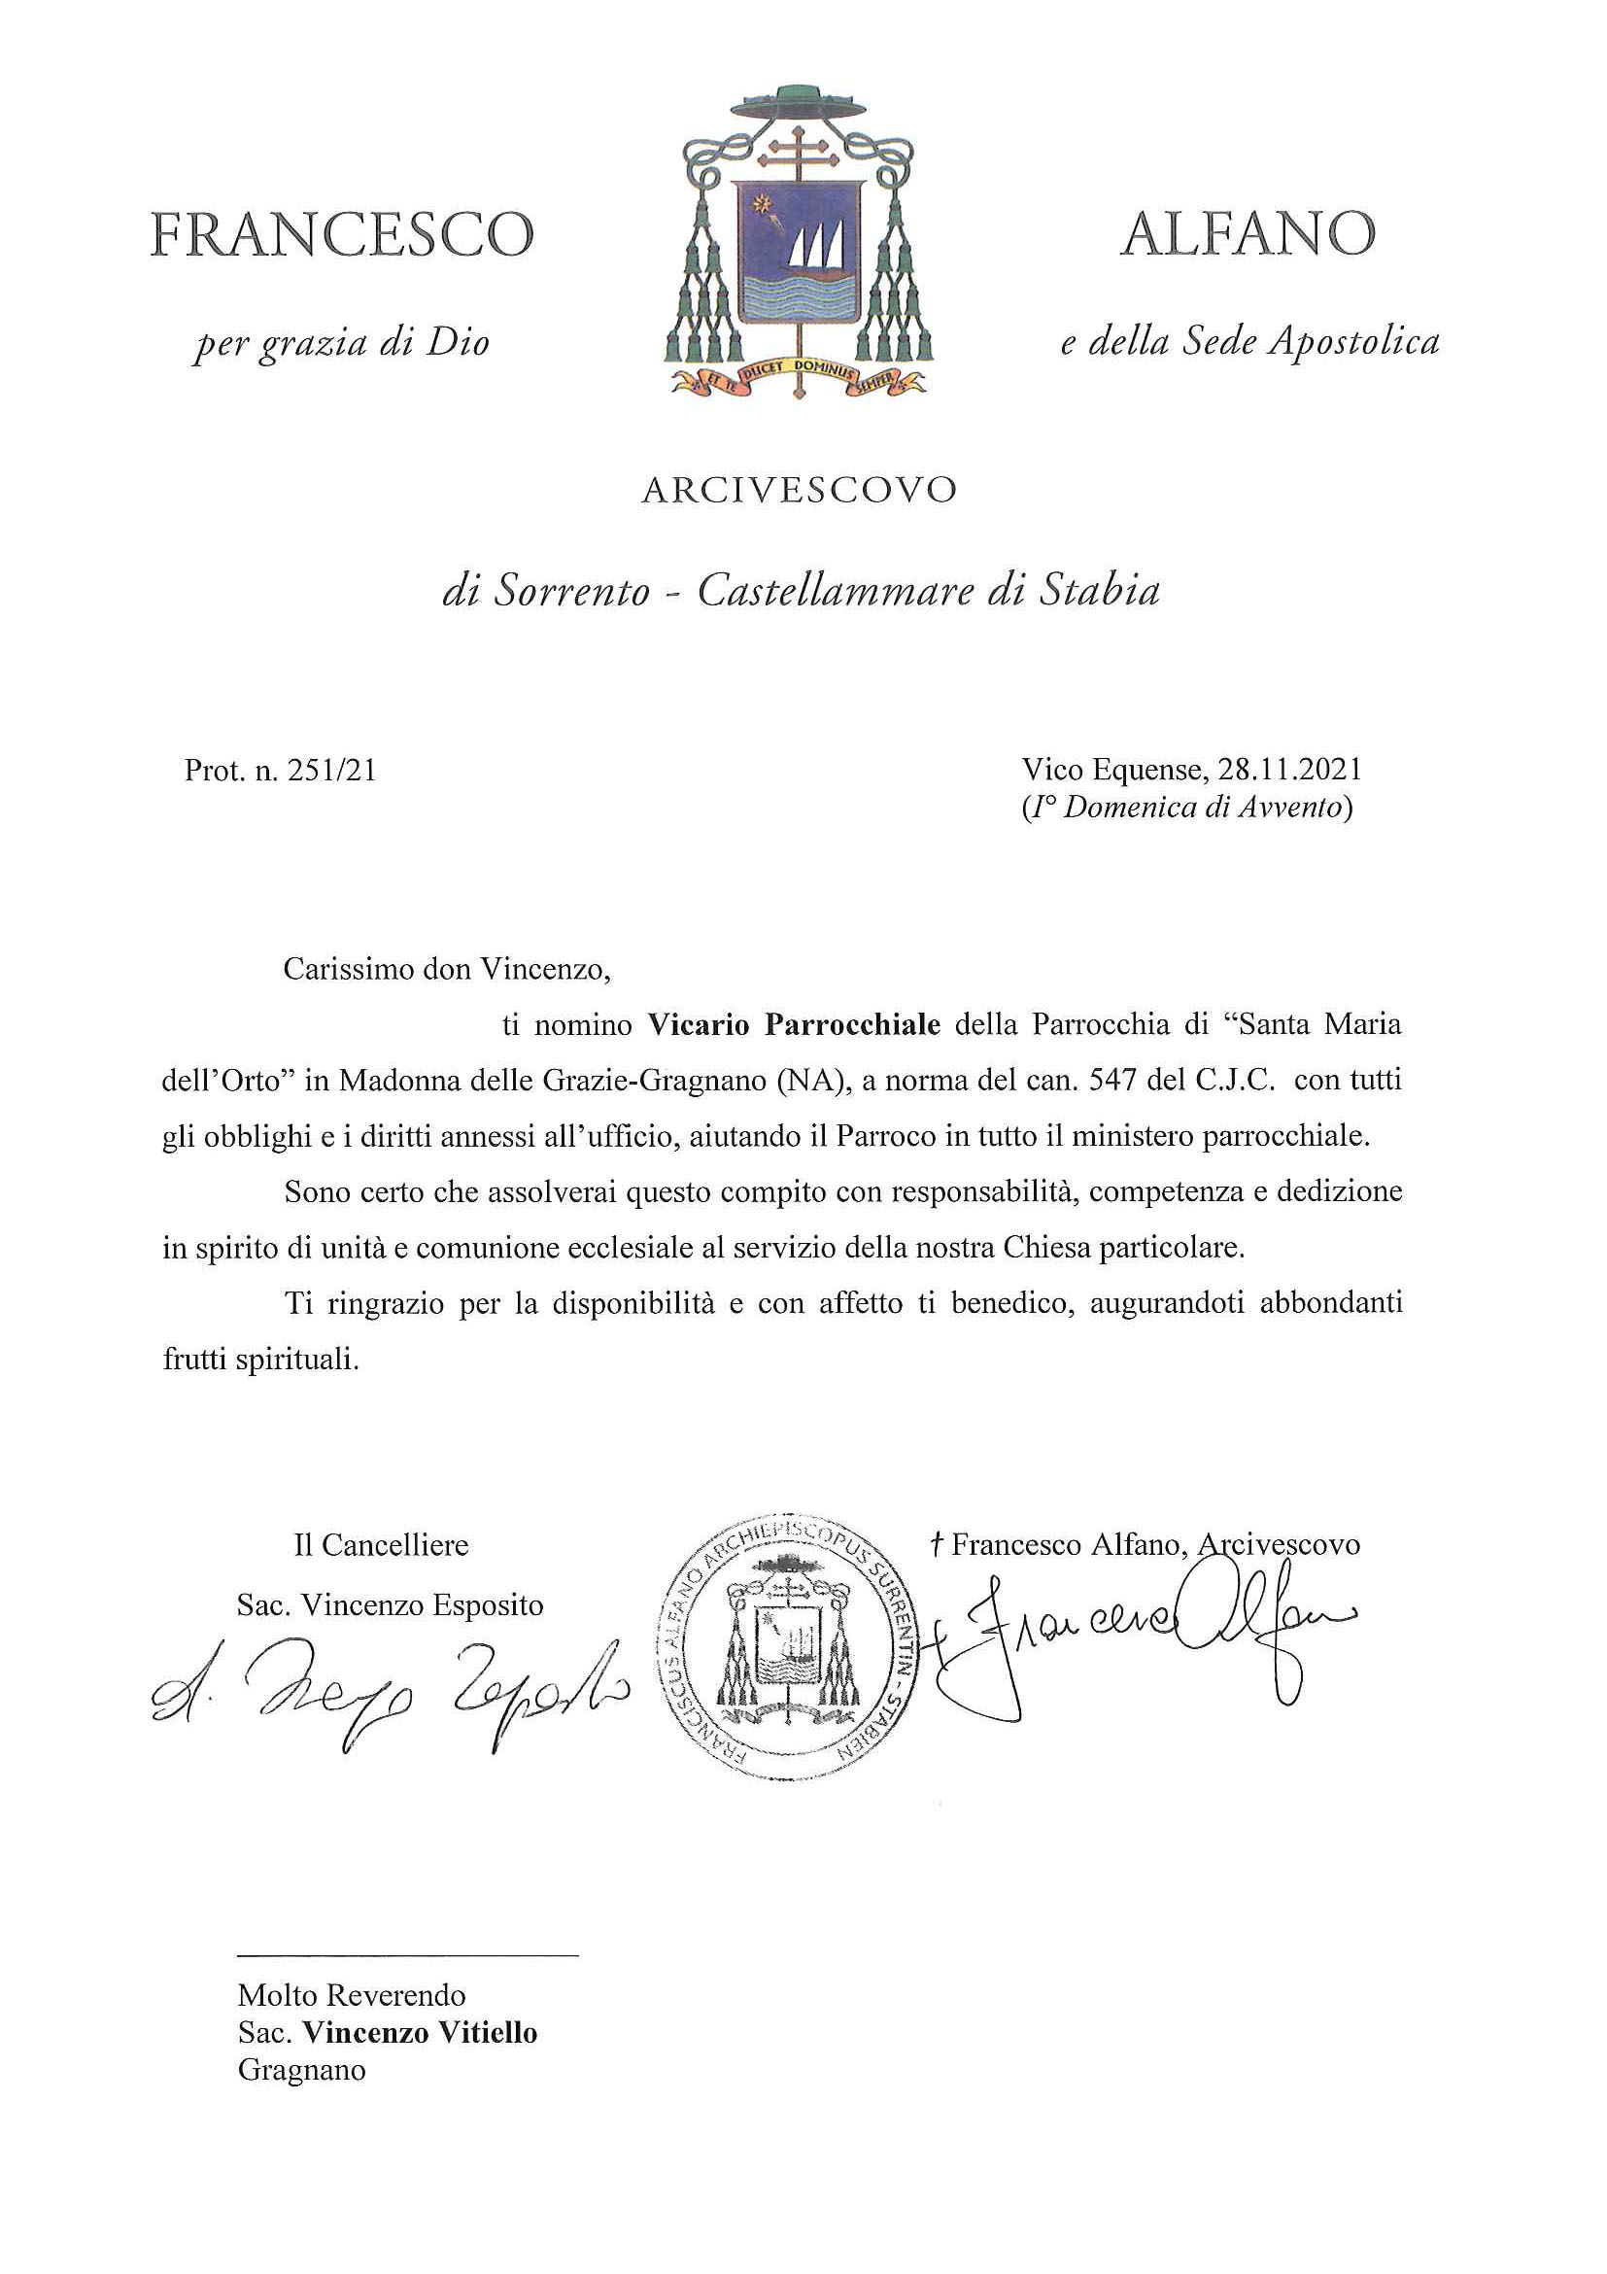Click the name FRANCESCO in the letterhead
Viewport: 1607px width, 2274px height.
point(342,235)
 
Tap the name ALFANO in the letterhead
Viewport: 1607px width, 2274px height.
point(1248,235)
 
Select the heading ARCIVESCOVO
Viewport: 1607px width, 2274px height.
point(799,490)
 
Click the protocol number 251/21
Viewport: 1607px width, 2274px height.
point(330,771)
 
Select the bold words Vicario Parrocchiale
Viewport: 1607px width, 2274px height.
point(794,1024)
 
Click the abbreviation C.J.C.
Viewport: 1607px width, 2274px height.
point(1231,1080)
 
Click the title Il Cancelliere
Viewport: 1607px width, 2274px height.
point(381,1545)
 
